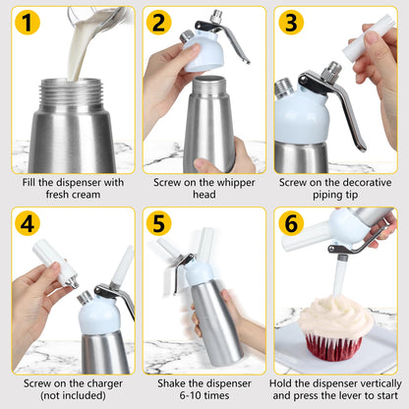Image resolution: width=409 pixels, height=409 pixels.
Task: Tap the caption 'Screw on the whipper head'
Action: pyautogui.click(x=204, y=189)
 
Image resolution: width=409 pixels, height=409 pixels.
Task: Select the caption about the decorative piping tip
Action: pyautogui.click(x=335, y=189)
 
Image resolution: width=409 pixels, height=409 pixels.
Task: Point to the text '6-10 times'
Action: pyautogui.click(x=204, y=395)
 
